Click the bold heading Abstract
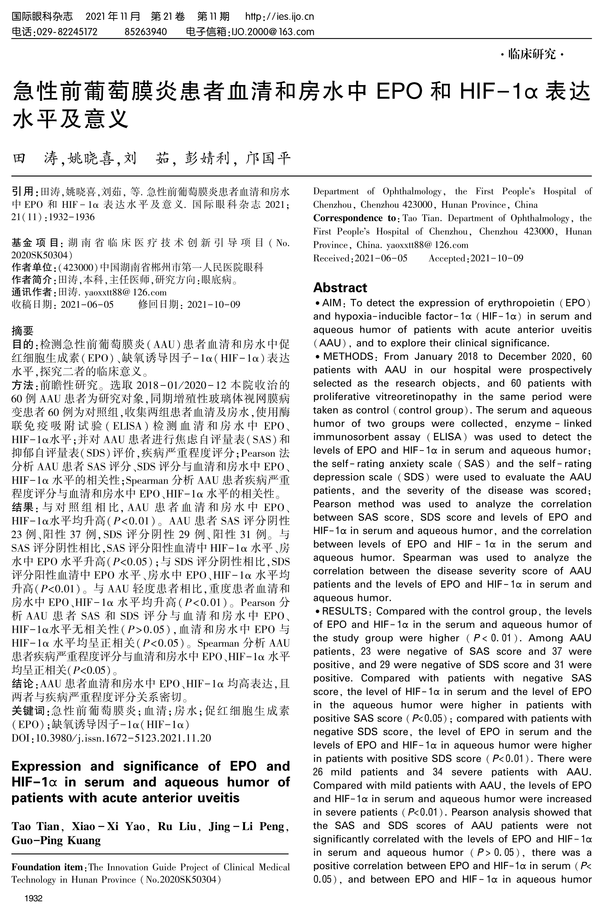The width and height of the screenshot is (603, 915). point(340,288)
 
